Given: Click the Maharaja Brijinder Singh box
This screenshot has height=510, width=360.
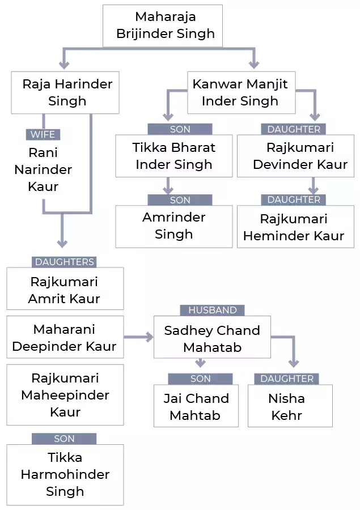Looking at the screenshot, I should pyautogui.click(x=162, y=26).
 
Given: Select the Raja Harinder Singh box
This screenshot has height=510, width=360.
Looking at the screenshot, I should pyautogui.click(x=65, y=92).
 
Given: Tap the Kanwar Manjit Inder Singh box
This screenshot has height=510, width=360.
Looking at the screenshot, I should pyautogui.click(x=240, y=92).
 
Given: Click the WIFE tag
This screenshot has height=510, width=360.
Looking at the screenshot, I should pyautogui.click(x=43, y=135).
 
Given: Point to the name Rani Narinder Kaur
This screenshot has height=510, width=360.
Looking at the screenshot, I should pyautogui.click(x=43, y=169).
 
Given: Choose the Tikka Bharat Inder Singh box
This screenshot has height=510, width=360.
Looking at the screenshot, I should pyautogui.click(x=174, y=156).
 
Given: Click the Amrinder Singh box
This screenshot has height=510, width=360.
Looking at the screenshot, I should pyautogui.click(x=174, y=226).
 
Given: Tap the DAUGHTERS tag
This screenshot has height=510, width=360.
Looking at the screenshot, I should pyautogui.click(x=64, y=262).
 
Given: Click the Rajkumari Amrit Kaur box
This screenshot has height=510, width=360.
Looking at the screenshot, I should pyautogui.click(x=65, y=290).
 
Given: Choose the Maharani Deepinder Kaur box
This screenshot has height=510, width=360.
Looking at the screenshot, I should pyautogui.click(x=65, y=338).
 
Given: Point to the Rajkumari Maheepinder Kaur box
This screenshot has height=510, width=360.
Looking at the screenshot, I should pyautogui.click(x=65, y=395).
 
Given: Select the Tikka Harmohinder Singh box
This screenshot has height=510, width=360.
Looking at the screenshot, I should pyautogui.click(x=65, y=474).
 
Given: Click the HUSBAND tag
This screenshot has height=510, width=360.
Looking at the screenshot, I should pyautogui.click(x=213, y=311).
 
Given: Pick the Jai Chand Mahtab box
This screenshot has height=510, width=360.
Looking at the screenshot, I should pyautogui.click(x=196, y=406).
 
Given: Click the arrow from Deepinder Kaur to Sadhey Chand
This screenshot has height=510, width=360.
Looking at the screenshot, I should pyautogui.click(x=139, y=338).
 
